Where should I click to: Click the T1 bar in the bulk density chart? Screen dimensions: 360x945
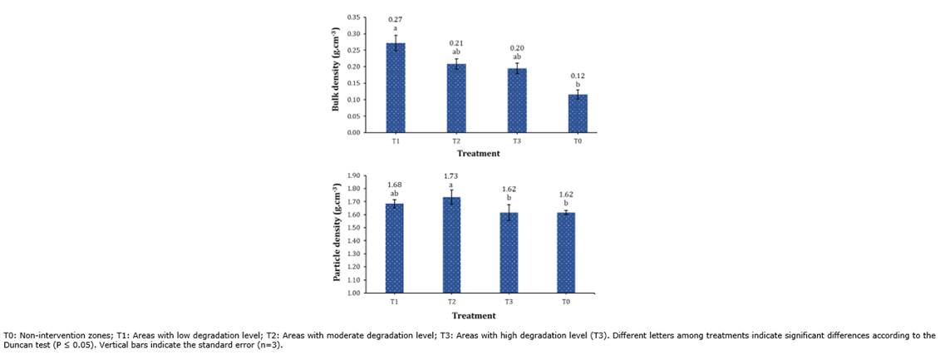pos(396,87)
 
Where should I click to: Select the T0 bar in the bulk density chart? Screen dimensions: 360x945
pos(578,113)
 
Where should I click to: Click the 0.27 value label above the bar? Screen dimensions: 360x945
pos(396,19)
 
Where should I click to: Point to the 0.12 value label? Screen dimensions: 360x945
pos(578,76)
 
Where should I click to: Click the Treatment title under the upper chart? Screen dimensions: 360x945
pos(478,154)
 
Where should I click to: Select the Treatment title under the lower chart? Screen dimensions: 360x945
pos(474,316)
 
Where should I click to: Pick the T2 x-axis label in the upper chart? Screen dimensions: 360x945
pos(455,142)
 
